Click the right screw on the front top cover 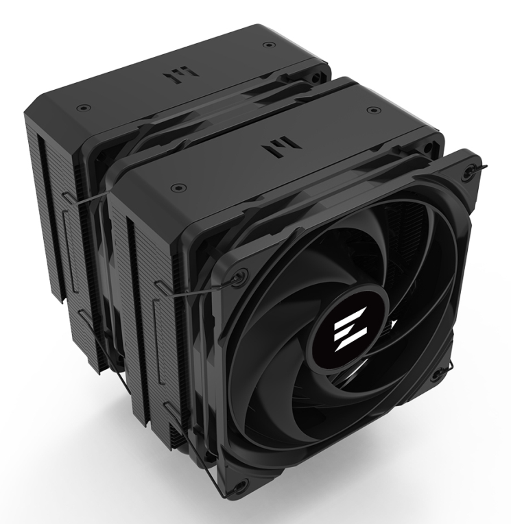coord(371,109)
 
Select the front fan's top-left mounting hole coord(239,276)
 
